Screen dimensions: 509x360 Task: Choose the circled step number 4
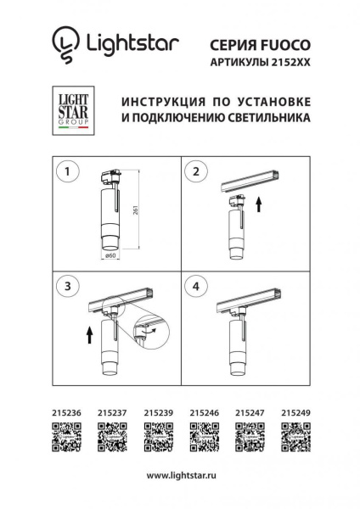tap(196, 287)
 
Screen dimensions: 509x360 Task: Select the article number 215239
tap(157, 414)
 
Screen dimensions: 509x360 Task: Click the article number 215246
tap(203, 414)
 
